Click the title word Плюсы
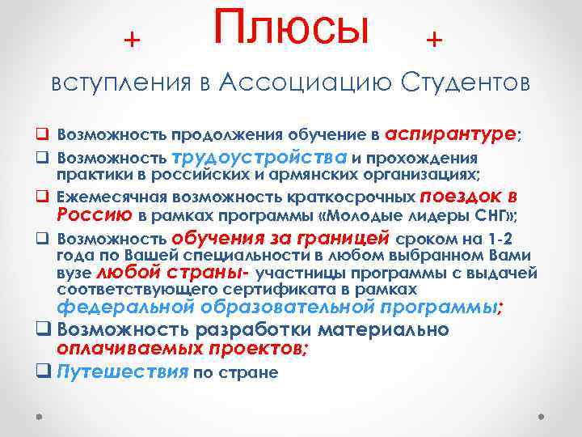click(x=292, y=28)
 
